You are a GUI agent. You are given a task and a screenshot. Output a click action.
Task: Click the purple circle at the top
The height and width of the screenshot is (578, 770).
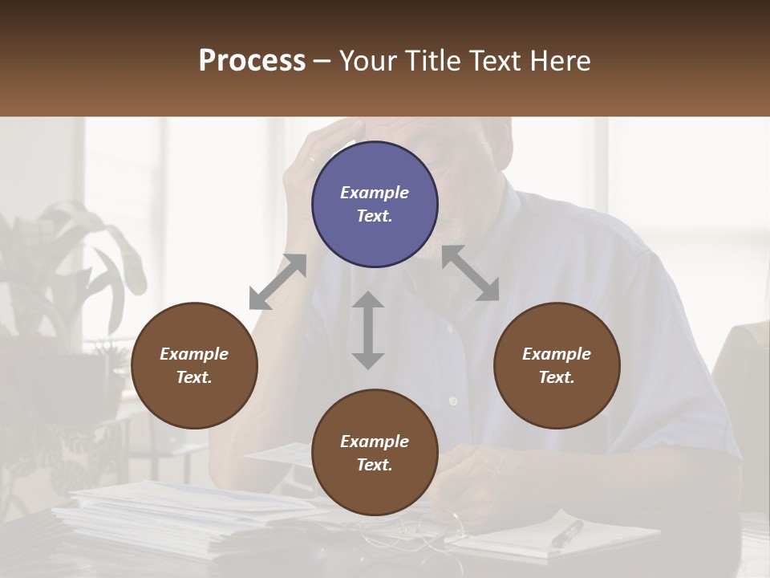[x=375, y=205]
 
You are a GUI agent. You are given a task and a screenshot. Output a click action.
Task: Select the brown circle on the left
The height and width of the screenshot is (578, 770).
[x=194, y=366]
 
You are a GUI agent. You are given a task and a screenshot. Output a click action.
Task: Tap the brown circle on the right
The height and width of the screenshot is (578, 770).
[x=557, y=366]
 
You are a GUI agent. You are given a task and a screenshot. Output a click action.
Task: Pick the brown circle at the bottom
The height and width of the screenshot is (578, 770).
[x=375, y=453]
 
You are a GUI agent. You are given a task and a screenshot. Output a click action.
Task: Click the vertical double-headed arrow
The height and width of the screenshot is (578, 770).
[x=368, y=330]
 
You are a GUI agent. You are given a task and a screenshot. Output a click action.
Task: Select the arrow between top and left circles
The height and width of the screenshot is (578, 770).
[x=278, y=282]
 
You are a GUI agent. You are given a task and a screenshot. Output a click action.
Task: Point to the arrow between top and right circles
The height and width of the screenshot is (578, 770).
[x=470, y=273]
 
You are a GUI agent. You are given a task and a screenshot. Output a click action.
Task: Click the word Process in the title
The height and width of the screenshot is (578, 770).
[x=252, y=60]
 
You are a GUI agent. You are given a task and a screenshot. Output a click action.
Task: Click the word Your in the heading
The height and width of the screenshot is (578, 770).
[x=368, y=60]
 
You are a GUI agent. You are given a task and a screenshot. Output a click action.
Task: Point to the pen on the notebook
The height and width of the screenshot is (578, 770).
[x=567, y=533]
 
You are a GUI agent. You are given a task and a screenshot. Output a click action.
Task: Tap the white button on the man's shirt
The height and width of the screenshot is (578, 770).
[x=452, y=400]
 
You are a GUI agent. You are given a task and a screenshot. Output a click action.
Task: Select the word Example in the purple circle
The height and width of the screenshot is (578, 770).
[x=375, y=193]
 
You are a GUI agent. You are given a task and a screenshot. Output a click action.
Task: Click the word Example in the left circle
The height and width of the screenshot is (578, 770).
[x=194, y=354]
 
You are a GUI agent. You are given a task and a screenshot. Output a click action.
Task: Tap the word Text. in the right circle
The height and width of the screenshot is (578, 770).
[x=557, y=377]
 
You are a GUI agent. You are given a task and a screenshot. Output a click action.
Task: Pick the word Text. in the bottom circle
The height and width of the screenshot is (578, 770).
[x=375, y=465]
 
